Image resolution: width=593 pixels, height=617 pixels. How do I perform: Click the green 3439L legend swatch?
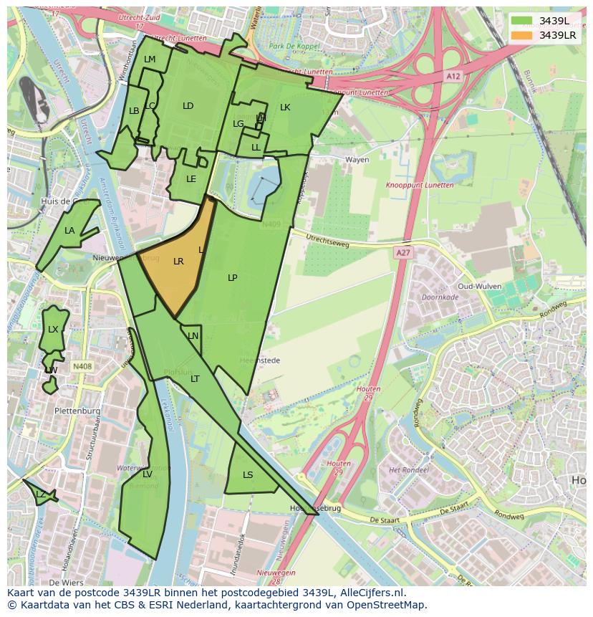[522, 21]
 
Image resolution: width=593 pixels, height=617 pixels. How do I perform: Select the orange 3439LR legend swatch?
[522, 35]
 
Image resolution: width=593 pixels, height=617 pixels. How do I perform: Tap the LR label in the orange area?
[178, 262]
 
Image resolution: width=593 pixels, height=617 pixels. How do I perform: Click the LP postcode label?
[232, 278]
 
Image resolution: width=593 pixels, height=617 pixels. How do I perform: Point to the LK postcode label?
[285, 107]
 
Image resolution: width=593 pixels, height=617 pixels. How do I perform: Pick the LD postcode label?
[188, 106]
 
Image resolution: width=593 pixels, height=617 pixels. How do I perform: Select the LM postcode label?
[150, 59]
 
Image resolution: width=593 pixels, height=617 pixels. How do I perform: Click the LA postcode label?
[69, 231]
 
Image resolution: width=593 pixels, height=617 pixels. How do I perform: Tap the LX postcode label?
[53, 330]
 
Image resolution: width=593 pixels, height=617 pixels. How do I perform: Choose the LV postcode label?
[147, 474]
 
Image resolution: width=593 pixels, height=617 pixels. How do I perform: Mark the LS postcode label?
[248, 475]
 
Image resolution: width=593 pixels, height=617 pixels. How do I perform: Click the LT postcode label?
[195, 379]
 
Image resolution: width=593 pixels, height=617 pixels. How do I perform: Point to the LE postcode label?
[191, 179]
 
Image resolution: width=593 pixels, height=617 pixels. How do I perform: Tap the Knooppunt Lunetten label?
[420, 185]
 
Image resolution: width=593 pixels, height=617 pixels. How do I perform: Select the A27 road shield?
[403, 253]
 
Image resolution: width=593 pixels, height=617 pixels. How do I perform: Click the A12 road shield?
[453, 75]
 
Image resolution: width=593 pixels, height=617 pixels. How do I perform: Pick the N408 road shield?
[82, 367]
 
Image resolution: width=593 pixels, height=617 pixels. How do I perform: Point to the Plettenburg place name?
[77, 411]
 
